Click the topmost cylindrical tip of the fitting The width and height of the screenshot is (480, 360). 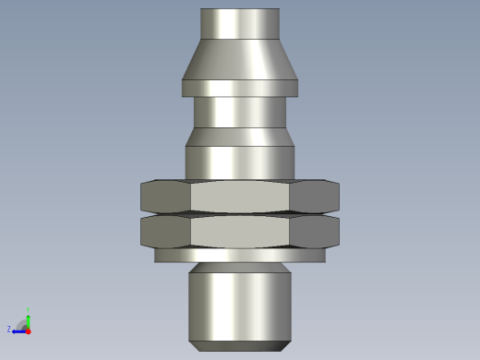tap(240, 23)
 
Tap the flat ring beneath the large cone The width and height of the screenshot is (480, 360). tap(240, 89)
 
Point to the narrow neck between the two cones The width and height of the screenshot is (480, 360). tap(240, 112)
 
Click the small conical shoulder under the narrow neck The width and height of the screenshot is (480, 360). tap(240, 137)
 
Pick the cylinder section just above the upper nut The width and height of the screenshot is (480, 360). tap(240, 162)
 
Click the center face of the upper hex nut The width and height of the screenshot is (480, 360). tap(240, 197)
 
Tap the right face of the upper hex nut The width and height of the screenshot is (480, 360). tap(315, 197)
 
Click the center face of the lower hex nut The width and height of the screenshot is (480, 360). tap(240, 231)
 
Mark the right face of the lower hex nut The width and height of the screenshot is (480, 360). tap(315, 231)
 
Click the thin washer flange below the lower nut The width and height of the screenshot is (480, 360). tap(240, 256)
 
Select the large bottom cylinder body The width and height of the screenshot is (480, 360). tap(240, 305)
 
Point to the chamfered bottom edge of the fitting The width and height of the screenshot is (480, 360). tap(240, 346)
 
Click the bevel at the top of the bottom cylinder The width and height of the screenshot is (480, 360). tap(240, 269)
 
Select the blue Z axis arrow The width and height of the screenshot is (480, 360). tap(18, 330)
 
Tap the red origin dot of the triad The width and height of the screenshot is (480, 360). tap(28, 330)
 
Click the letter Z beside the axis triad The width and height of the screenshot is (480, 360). tap(9, 329)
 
